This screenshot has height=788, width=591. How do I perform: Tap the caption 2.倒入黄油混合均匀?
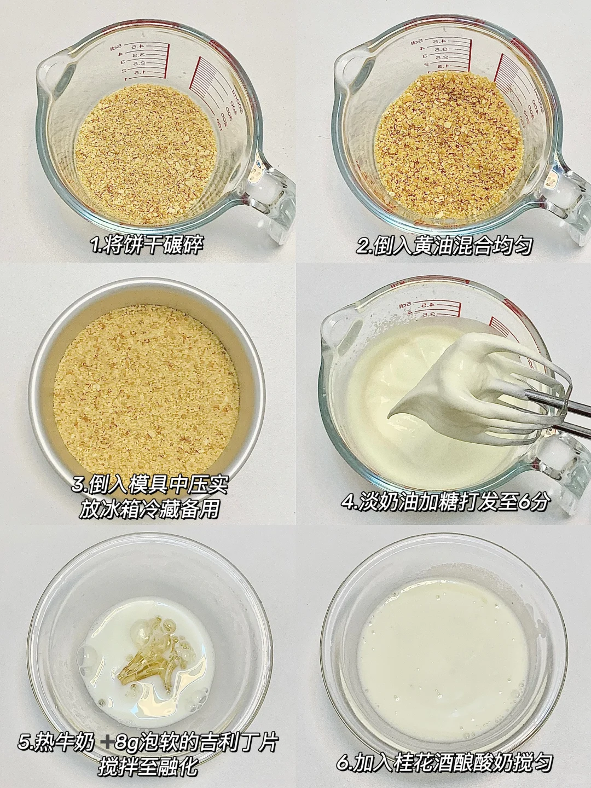[444, 246]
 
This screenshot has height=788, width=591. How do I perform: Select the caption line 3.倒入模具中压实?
[150, 485]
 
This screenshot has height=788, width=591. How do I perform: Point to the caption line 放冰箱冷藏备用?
[149, 509]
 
